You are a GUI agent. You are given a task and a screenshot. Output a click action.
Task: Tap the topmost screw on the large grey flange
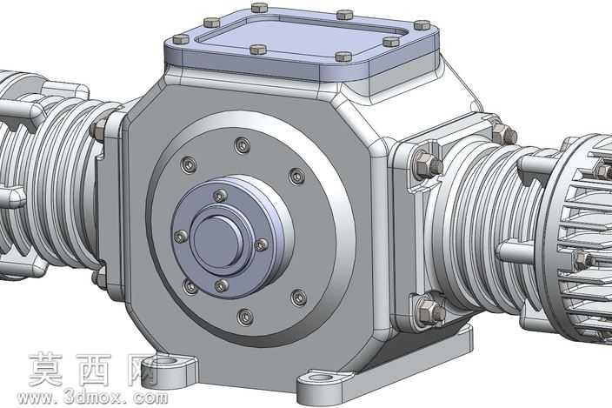243,145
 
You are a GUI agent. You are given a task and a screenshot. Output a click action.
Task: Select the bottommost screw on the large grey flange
245,317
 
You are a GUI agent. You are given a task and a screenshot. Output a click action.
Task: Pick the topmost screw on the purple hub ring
221,196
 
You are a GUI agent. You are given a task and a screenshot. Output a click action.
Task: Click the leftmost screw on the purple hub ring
180,237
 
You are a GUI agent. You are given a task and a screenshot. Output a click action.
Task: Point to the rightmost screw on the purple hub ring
261,244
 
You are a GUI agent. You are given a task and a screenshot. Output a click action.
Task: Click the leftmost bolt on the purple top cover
181,38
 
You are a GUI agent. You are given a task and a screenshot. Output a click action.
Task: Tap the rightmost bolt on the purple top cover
422,25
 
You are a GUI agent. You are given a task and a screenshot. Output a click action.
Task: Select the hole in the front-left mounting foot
167,361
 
